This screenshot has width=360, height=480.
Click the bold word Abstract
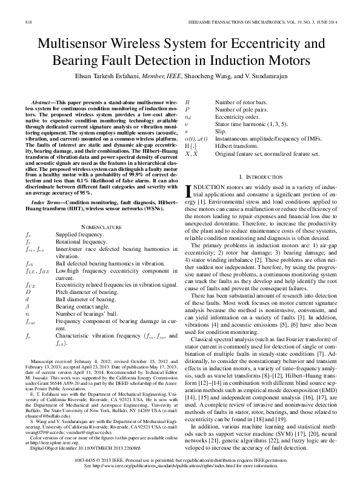coord(41,104)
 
